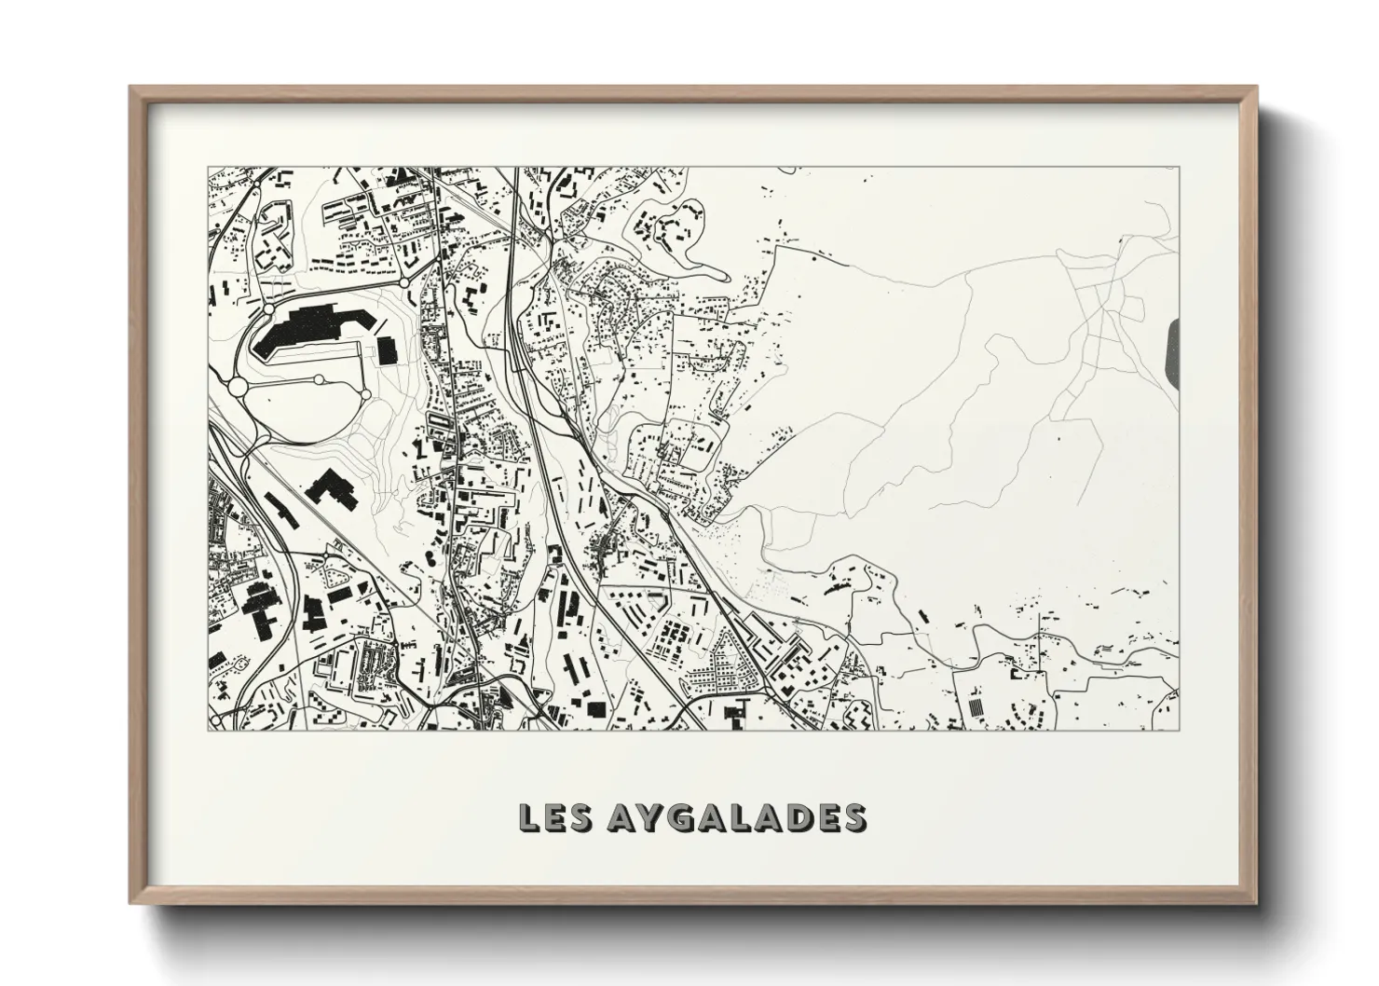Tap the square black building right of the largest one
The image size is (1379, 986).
tap(387, 349)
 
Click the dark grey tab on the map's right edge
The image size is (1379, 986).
tap(1172, 349)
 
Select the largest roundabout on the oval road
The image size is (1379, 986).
tap(238, 385)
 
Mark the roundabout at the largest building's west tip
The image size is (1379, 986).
tap(268, 308)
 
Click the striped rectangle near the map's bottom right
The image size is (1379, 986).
tap(975, 708)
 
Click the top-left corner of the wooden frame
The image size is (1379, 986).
tap(130, 87)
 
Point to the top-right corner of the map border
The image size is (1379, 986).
tap(1179, 168)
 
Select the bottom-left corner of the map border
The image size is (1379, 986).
tap(208, 731)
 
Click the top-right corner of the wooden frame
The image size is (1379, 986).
tap(1260, 87)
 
